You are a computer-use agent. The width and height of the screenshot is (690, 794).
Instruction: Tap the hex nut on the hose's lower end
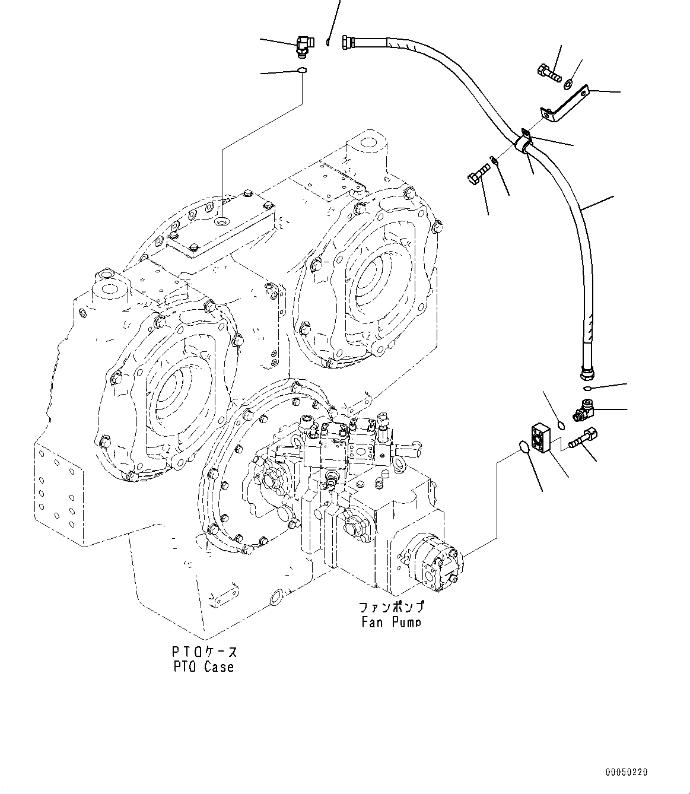coord(585,374)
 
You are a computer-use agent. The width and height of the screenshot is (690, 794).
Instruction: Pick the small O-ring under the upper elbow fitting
coord(302,71)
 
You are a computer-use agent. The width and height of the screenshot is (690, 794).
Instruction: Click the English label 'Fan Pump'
coord(391,621)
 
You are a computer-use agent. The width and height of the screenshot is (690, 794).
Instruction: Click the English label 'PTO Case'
coord(204,666)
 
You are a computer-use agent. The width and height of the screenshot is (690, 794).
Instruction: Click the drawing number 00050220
coord(627,772)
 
